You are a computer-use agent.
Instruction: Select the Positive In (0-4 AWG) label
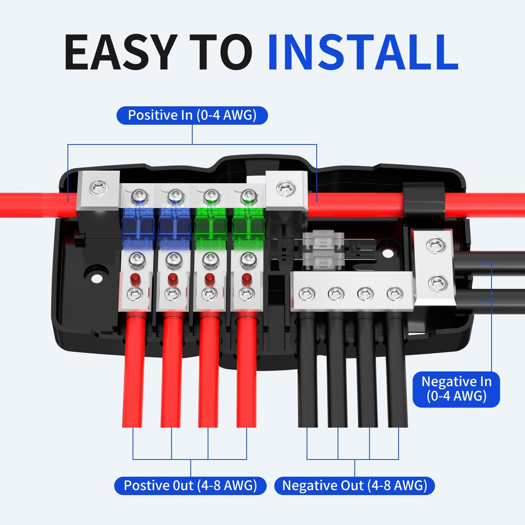tap(192, 115)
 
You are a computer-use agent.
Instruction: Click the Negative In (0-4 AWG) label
tap(456, 389)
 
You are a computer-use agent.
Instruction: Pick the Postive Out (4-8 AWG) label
tap(190, 486)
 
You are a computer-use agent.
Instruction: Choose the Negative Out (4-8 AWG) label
tap(354, 486)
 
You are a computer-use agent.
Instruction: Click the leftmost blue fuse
tap(138, 226)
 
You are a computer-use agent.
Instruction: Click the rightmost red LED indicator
tap(247, 279)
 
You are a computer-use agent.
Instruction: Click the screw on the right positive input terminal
tap(286, 189)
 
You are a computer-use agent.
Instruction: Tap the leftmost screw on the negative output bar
tap(307, 294)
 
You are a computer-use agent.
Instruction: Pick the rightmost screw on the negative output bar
tap(395, 294)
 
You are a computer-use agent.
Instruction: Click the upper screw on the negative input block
tap(436, 246)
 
